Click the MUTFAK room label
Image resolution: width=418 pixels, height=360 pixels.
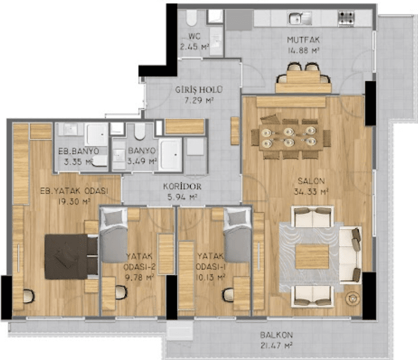(303, 40)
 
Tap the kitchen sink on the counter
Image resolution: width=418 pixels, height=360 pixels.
(300, 18)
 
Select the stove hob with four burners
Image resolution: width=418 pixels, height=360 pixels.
(346, 18)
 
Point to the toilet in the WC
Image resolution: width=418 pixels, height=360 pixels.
(192, 18)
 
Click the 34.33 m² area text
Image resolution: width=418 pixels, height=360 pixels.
(311, 191)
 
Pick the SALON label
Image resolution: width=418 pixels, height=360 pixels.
(311, 181)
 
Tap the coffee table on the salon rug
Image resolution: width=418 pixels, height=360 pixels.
(312, 257)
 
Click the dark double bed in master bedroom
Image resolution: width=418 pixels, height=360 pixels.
(71, 257)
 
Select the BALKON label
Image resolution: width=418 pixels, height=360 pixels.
(276, 335)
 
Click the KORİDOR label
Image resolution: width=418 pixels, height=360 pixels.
(182, 186)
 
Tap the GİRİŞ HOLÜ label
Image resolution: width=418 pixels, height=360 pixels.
(199, 90)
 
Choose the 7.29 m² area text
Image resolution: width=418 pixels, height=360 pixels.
(199, 100)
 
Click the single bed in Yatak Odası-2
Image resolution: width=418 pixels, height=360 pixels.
(114, 235)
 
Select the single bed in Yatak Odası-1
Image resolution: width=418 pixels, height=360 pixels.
(237, 235)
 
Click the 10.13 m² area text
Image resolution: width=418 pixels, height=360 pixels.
(210, 277)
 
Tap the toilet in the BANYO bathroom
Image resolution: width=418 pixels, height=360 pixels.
(140, 131)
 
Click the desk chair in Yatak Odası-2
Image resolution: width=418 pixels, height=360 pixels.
(121, 292)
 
